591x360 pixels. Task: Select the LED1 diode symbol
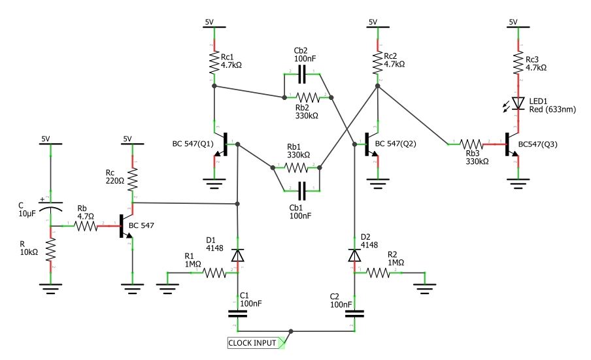(518, 103)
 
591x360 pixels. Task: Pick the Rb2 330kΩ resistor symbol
(308, 98)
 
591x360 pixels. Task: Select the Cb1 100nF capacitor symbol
(301, 191)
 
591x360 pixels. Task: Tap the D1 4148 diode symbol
(238, 255)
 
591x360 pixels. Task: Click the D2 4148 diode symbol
(355, 255)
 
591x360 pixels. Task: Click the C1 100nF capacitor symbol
(238, 312)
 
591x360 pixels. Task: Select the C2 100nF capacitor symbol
(355, 312)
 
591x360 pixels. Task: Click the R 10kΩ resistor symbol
(50, 250)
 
